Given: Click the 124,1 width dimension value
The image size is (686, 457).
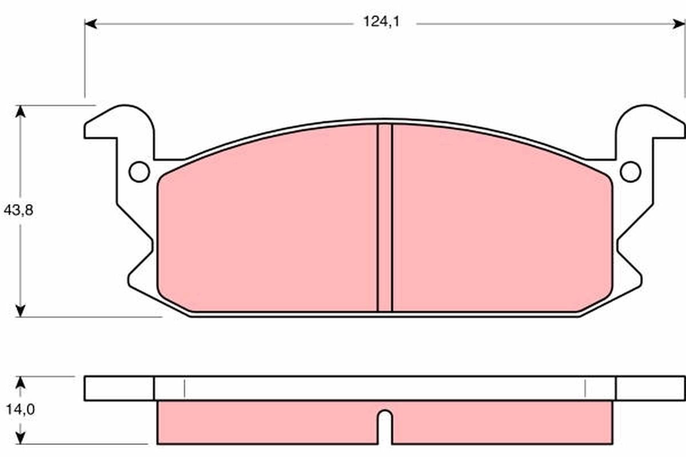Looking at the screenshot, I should [381, 22].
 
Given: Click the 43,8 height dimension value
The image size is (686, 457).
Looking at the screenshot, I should [19, 210].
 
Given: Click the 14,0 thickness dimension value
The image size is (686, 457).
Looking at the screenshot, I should [19, 410].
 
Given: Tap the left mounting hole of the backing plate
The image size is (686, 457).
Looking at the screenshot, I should [139, 171].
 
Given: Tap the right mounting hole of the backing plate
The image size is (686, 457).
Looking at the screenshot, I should [631, 171].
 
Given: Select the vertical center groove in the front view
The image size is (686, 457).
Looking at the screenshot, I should [385, 217].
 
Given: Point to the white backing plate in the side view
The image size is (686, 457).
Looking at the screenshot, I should [384, 388].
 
